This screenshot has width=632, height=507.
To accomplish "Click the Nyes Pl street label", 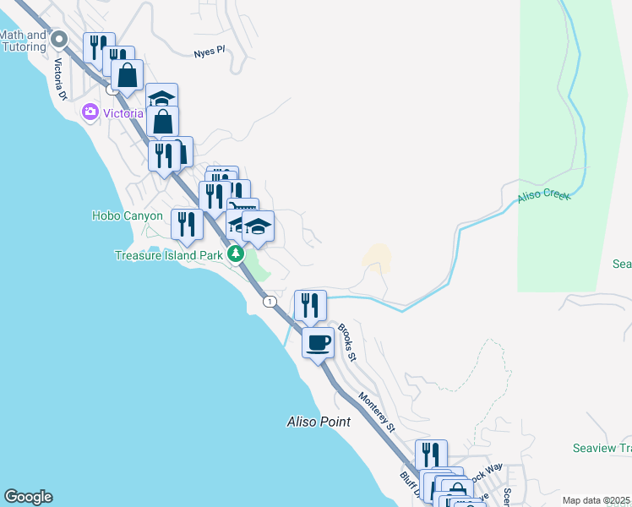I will pyautogui.click(x=210, y=52).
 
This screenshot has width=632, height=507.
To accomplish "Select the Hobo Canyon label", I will pyautogui.click(x=127, y=216).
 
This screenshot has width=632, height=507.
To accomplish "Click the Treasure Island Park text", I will pyautogui.click(x=170, y=255).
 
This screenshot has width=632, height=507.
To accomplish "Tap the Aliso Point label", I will pyautogui.click(x=316, y=421).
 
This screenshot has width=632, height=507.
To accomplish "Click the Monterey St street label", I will pyautogui.click(x=377, y=412).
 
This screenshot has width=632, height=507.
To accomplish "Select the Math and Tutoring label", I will pyautogui.click(x=23, y=41).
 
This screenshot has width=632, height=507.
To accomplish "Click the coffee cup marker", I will pyautogui.click(x=318, y=343).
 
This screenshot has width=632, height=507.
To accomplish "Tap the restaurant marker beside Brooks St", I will pyautogui.click(x=310, y=305).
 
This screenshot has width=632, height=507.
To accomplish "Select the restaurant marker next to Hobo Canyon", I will pyautogui.click(x=187, y=225).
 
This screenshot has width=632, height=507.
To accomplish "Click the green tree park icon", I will pyautogui.click(x=237, y=254).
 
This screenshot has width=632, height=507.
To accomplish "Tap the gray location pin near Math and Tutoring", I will pyautogui.click(x=59, y=40).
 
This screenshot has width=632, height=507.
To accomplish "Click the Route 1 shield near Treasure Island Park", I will pyautogui.click(x=269, y=302).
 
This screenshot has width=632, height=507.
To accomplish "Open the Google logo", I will pyautogui.click(x=28, y=497).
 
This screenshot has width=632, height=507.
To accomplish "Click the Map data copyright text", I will pyautogui.click(x=597, y=500).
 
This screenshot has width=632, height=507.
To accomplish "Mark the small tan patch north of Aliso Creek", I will pyautogui.click(x=379, y=258).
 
